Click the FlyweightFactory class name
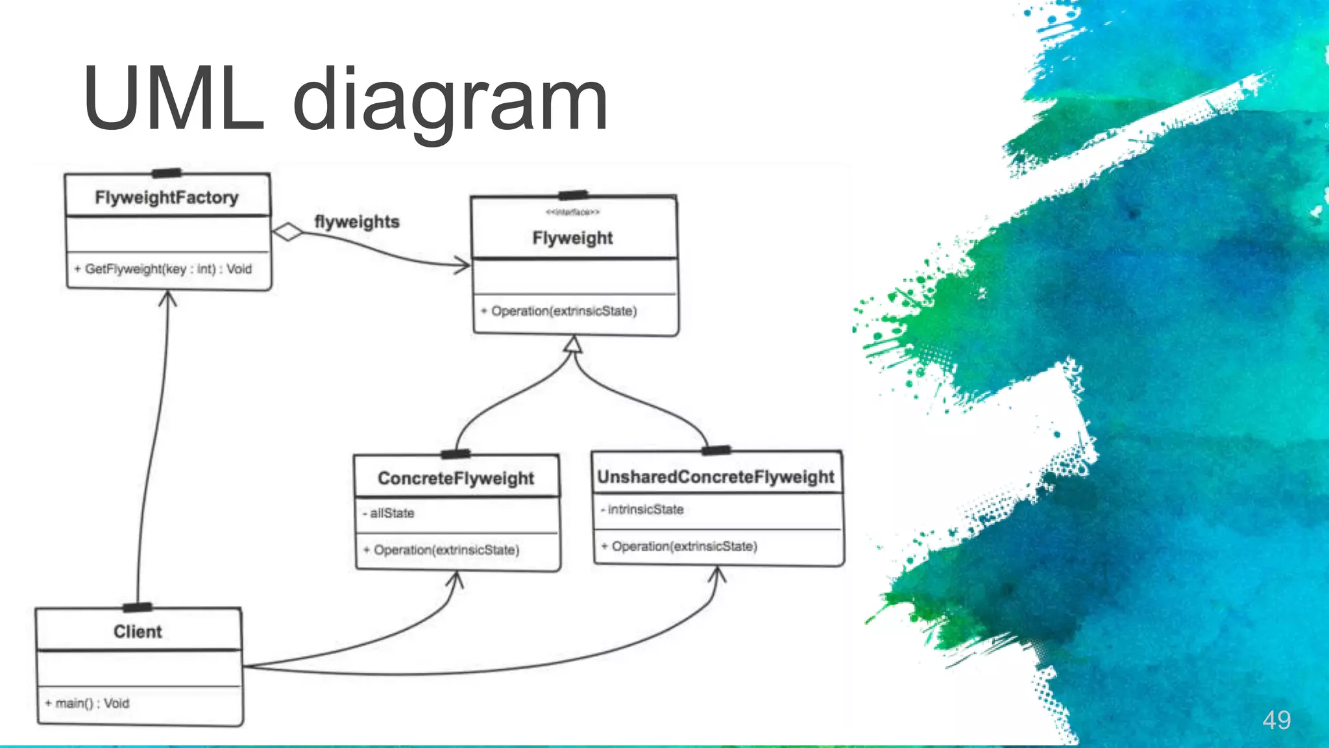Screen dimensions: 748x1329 click(x=167, y=197)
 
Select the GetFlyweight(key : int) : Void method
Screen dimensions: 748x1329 click(x=163, y=269)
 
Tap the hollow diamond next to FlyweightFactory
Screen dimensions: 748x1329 click(x=287, y=232)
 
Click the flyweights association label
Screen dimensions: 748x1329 click(x=356, y=221)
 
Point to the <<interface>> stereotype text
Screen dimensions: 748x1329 click(x=572, y=212)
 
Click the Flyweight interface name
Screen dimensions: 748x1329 click(x=572, y=238)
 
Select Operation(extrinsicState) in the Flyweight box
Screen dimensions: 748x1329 click(x=559, y=311)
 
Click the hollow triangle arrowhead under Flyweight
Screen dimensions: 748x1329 click(x=572, y=345)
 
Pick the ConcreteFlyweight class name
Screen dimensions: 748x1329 click(x=456, y=479)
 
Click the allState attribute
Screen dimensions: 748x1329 click(x=389, y=513)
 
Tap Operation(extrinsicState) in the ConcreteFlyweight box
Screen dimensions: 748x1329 click(x=442, y=550)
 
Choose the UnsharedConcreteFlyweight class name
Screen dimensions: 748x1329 click(x=715, y=477)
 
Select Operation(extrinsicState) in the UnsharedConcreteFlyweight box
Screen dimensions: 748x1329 click(x=679, y=547)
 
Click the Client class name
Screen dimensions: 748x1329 click(x=138, y=632)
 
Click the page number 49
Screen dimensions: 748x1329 click(x=1276, y=720)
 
